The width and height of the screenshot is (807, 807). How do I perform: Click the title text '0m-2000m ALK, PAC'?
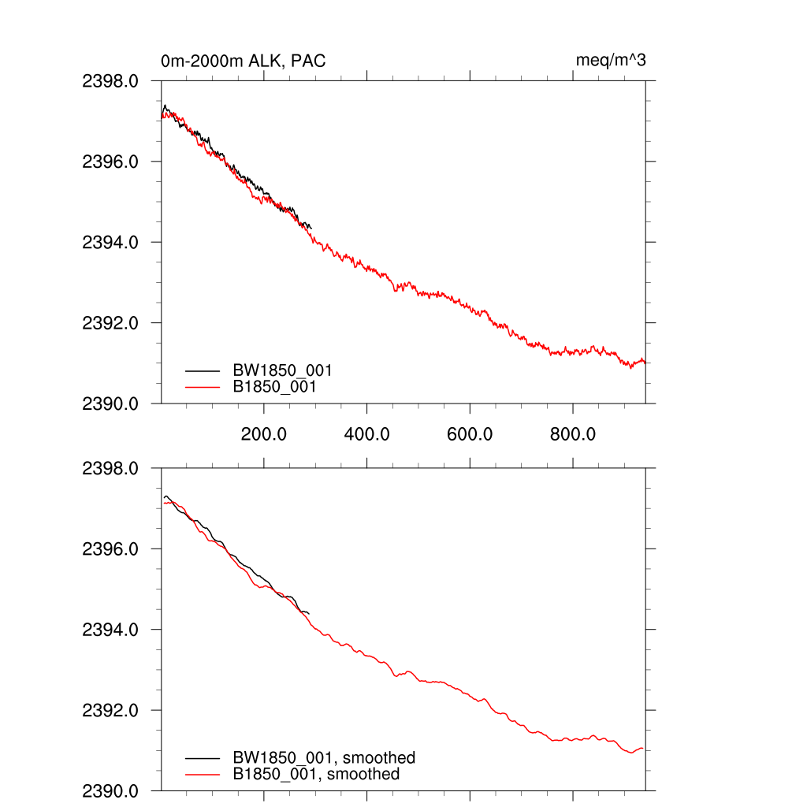pyautogui.click(x=243, y=61)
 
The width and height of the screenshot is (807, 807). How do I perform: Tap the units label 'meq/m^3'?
pyautogui.click(x=611, y=61)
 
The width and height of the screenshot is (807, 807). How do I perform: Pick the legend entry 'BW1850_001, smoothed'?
pyautogui.click(x=323, y=758)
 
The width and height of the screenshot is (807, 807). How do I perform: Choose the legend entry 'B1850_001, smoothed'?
pyautogui.click(x=315, y=774)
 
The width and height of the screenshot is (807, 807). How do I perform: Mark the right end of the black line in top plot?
pyautogui.click(x=311, y=228)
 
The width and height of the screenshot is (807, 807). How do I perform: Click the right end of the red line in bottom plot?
pyautogui.click(x=644, y=748)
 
